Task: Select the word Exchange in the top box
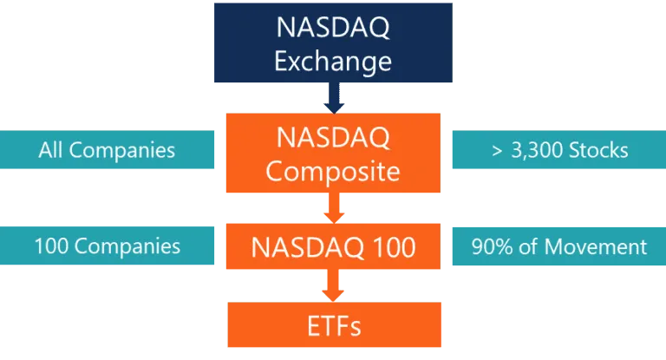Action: [x=333, y=62]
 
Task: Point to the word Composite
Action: [x=333, y=170]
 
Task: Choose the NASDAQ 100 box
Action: [x=333, y=247]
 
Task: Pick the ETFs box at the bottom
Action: [x=333, y=326]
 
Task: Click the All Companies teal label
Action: [x=107, y=150]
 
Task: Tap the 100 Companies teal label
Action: [x=107, y=246]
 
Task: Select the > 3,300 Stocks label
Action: [x=559, y=151]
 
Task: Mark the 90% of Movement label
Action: [x=559, y=247]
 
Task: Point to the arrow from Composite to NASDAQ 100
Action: [x=333, y=208]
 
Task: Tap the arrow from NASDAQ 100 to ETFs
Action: [x=333, y=285]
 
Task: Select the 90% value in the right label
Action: [x=492, y=247]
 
